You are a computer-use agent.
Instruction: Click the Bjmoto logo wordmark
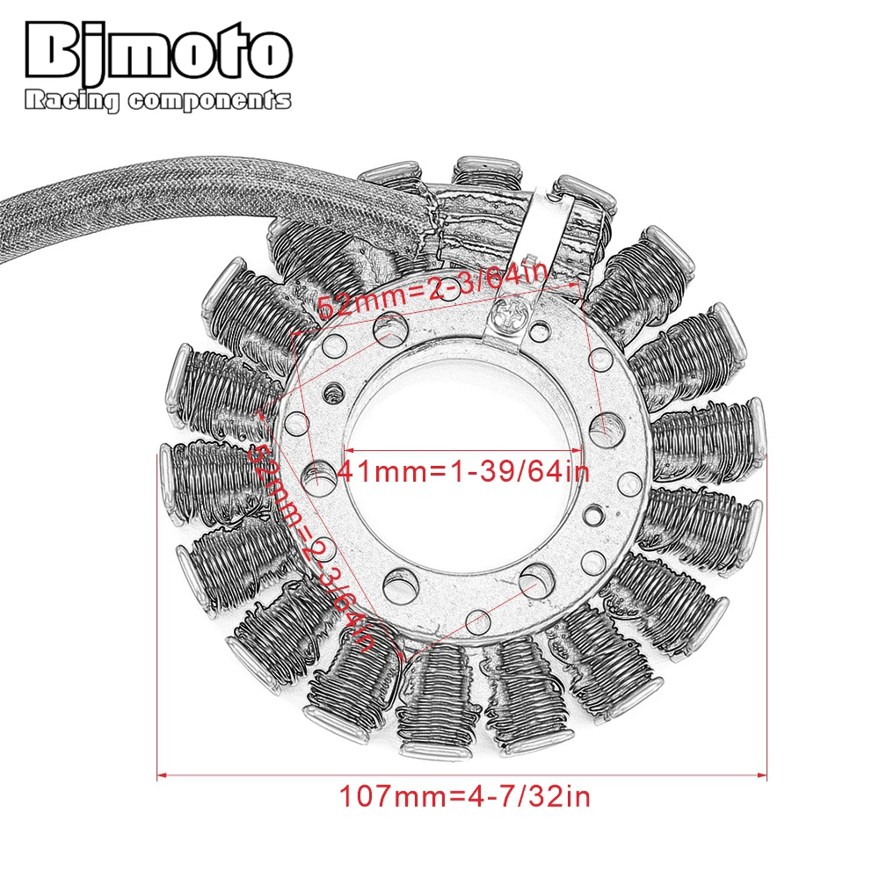click(158, 54)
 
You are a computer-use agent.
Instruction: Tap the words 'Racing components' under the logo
click(158, 101)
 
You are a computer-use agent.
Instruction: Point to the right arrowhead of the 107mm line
click(766, 774)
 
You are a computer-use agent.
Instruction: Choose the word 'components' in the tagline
click(209, 101)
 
